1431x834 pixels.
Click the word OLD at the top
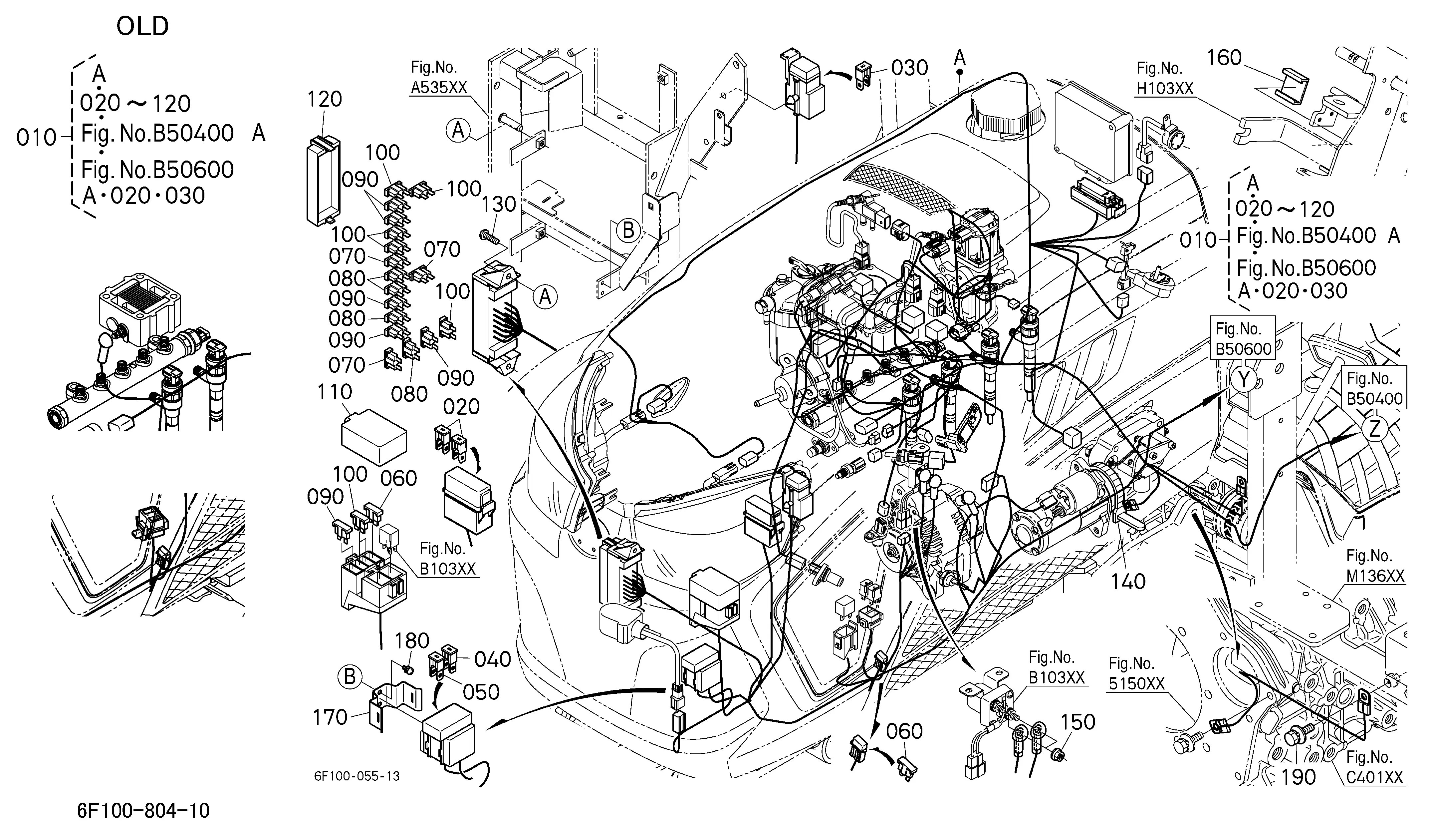pyautogui.click(x=142, y=26)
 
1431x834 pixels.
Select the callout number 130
pyautogui.click(x=499, y=205)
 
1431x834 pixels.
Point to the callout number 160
pyautogui.click(x=1224, y=58)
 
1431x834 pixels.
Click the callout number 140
pyautogui.click(x=1128, y=582)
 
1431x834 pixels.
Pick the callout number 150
pyautogui.click(x=1078, y=722)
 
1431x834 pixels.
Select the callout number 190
pyautogui.click(x=1299, y=777)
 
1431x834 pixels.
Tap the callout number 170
pyautogui.click(x=330, y=717)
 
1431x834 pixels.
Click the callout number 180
pyautogui.click(x=412, y=641)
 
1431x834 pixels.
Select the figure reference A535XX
pyautogui.click(x=438, y=88)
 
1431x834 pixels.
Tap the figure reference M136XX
pyautogui.click(x=1375, y=576)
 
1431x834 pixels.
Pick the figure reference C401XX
pyautogui.click(x=1375, y=777)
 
